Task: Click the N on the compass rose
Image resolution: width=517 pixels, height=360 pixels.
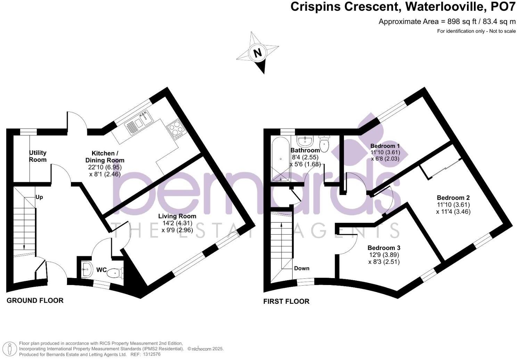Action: tap(257, 53)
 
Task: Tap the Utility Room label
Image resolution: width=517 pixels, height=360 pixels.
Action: tap(38, 156)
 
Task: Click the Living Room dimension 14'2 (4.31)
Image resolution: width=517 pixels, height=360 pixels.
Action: tap(177, 223)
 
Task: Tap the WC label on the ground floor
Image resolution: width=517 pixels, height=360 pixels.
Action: tap(101, 270)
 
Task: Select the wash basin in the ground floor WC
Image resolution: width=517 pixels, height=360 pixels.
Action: tap(86, 269)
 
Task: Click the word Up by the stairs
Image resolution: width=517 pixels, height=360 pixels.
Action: tap(39, 197)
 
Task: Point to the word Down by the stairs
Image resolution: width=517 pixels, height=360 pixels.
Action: tap(302, 268)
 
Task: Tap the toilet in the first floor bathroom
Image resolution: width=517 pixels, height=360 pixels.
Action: tap(324, 144)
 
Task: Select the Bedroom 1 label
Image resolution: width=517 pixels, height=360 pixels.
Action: tap(385, 146)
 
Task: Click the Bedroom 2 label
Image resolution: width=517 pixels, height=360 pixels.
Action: tap(453, 198)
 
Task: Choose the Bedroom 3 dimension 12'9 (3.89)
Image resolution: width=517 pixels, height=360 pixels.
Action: tap(384, 255)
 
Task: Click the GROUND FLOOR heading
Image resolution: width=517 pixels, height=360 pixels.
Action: tap(35, 301)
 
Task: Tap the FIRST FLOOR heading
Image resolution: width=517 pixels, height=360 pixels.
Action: tap(286, 301)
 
